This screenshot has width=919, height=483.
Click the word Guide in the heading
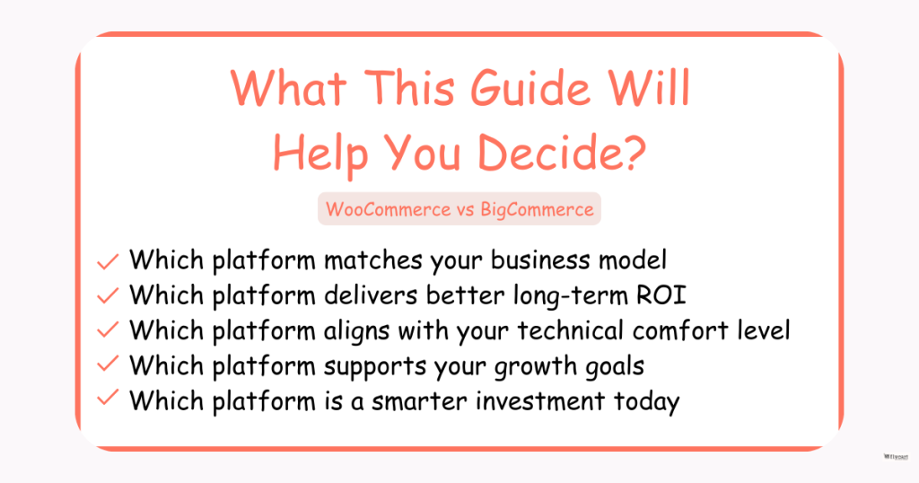point(530,89)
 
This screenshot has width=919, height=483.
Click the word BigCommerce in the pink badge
point(537,209)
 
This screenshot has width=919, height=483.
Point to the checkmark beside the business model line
point(108,261)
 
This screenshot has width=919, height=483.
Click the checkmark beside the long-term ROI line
point(108,295)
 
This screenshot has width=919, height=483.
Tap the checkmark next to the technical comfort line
point(108,330)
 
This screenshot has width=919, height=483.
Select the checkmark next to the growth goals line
point(108,364)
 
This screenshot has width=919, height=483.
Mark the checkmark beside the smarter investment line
point(108,398)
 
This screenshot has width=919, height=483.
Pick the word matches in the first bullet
point(374,260)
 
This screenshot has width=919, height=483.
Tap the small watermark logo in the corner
point(896,457)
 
